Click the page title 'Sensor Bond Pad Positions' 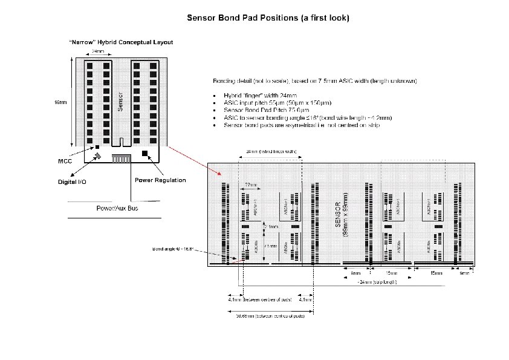pos(267,18)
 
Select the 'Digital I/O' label pos(71,182)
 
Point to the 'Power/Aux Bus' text pos(118,209)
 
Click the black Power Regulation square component pos(144,154)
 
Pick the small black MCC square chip pos(96,147)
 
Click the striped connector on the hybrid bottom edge pos(122,158)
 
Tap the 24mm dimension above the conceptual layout pos(97,51)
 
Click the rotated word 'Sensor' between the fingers pos(120,100)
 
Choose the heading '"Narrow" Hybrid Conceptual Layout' pos(120,42)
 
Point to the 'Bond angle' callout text pos(173,249)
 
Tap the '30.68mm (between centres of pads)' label pos(270,315)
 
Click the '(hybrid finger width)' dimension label pos(271,151)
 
